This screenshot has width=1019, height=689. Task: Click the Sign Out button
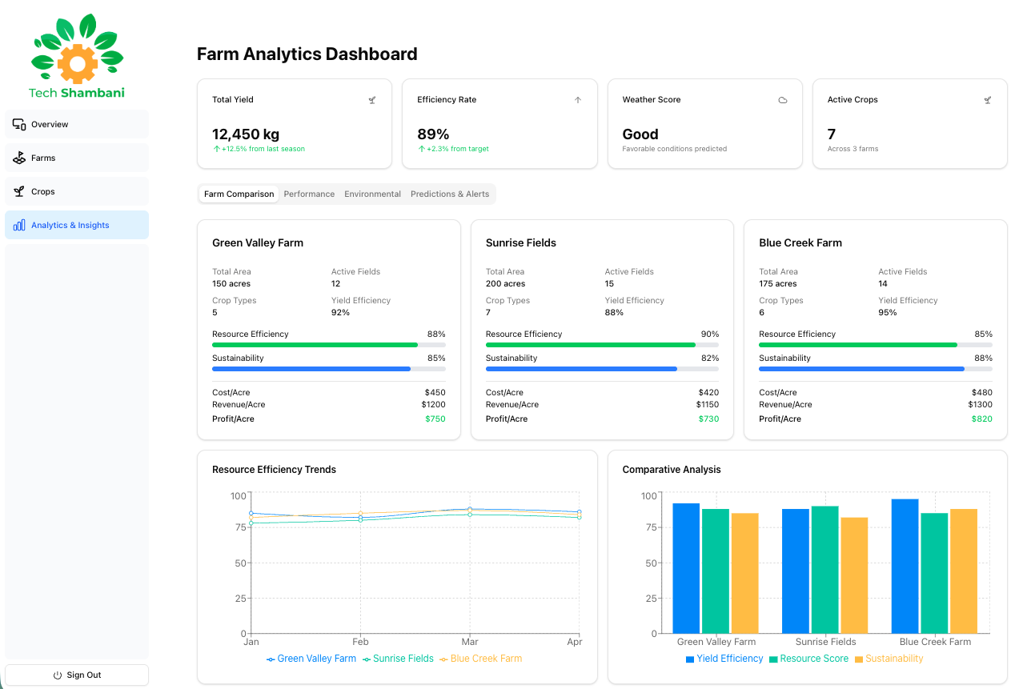pos(77,675)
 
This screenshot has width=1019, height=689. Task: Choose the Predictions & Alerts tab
pos(450,194)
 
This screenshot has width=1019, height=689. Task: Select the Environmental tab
pos(372,194)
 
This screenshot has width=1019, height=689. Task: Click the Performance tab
pos(309,194)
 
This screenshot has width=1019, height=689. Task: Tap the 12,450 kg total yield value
pos(246,134)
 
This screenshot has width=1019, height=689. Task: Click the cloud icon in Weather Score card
pos(783,100)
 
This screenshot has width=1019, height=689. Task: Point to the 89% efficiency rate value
pos(433,134)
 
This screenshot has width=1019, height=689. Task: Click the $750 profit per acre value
pos(435,419)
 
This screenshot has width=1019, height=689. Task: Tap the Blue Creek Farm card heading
pos(800,242)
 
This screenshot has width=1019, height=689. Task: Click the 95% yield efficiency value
pos(887,312)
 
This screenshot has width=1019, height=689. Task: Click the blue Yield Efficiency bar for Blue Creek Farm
pos(905,566)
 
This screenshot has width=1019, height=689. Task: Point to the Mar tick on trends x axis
pos(470,642)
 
